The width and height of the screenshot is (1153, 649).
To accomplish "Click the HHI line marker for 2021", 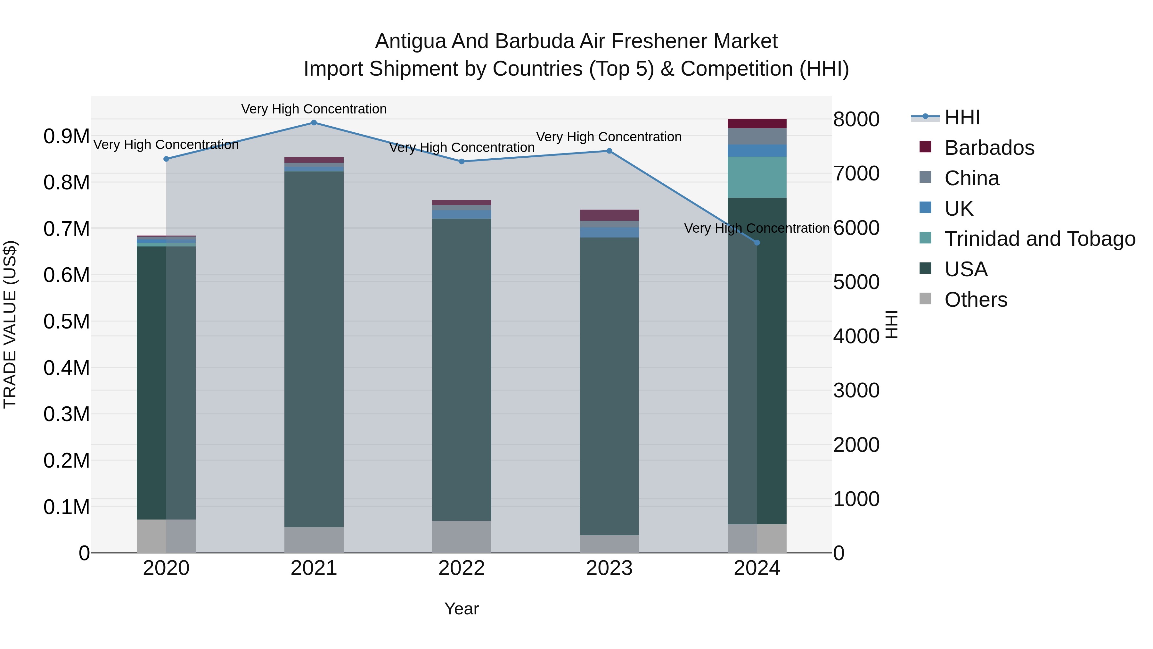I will point(314,123).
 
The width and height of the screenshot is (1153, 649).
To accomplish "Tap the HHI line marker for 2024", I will point(757,243).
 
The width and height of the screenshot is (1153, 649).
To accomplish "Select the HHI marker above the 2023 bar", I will point(609,151).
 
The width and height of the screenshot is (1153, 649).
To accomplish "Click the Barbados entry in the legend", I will point(989,148).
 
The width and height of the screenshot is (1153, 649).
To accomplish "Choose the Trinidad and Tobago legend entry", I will point(1039,239).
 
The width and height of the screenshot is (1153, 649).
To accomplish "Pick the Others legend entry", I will point(976,300).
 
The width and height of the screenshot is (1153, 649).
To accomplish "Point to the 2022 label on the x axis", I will point(462,568).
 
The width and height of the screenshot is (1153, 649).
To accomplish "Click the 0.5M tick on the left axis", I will point(66,321).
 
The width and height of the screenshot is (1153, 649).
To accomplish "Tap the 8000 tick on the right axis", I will point(856,120).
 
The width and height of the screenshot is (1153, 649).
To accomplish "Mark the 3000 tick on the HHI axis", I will point(856,391).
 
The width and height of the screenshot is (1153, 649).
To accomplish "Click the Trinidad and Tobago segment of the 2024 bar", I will point(757,177).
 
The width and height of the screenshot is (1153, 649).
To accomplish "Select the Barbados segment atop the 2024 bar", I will point(757,124).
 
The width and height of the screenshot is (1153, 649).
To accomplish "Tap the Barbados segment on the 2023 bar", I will point(609,215).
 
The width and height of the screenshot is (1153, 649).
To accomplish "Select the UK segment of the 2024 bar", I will point(757,151).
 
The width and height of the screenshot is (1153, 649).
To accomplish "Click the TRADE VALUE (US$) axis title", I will point(10,324).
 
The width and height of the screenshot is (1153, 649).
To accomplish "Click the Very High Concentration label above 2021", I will point(314,109).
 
